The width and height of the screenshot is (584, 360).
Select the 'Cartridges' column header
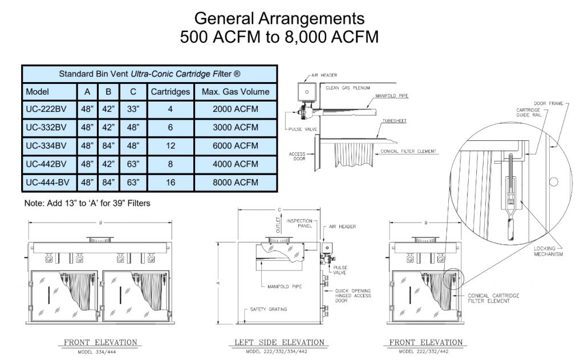170,91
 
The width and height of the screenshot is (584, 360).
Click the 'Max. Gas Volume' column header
235,91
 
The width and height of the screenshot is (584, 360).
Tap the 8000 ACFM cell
235,183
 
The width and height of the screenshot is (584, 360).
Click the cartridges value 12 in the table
170,145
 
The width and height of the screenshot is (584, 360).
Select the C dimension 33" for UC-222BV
132,110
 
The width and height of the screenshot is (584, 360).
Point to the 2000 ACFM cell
235,110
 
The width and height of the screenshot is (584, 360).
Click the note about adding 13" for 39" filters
87,203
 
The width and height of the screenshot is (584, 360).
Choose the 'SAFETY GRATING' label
268,309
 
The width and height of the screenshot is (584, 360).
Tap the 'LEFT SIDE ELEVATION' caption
279,342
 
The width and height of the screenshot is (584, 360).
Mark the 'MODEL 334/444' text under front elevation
100,352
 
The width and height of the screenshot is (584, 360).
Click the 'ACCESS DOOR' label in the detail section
298,156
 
